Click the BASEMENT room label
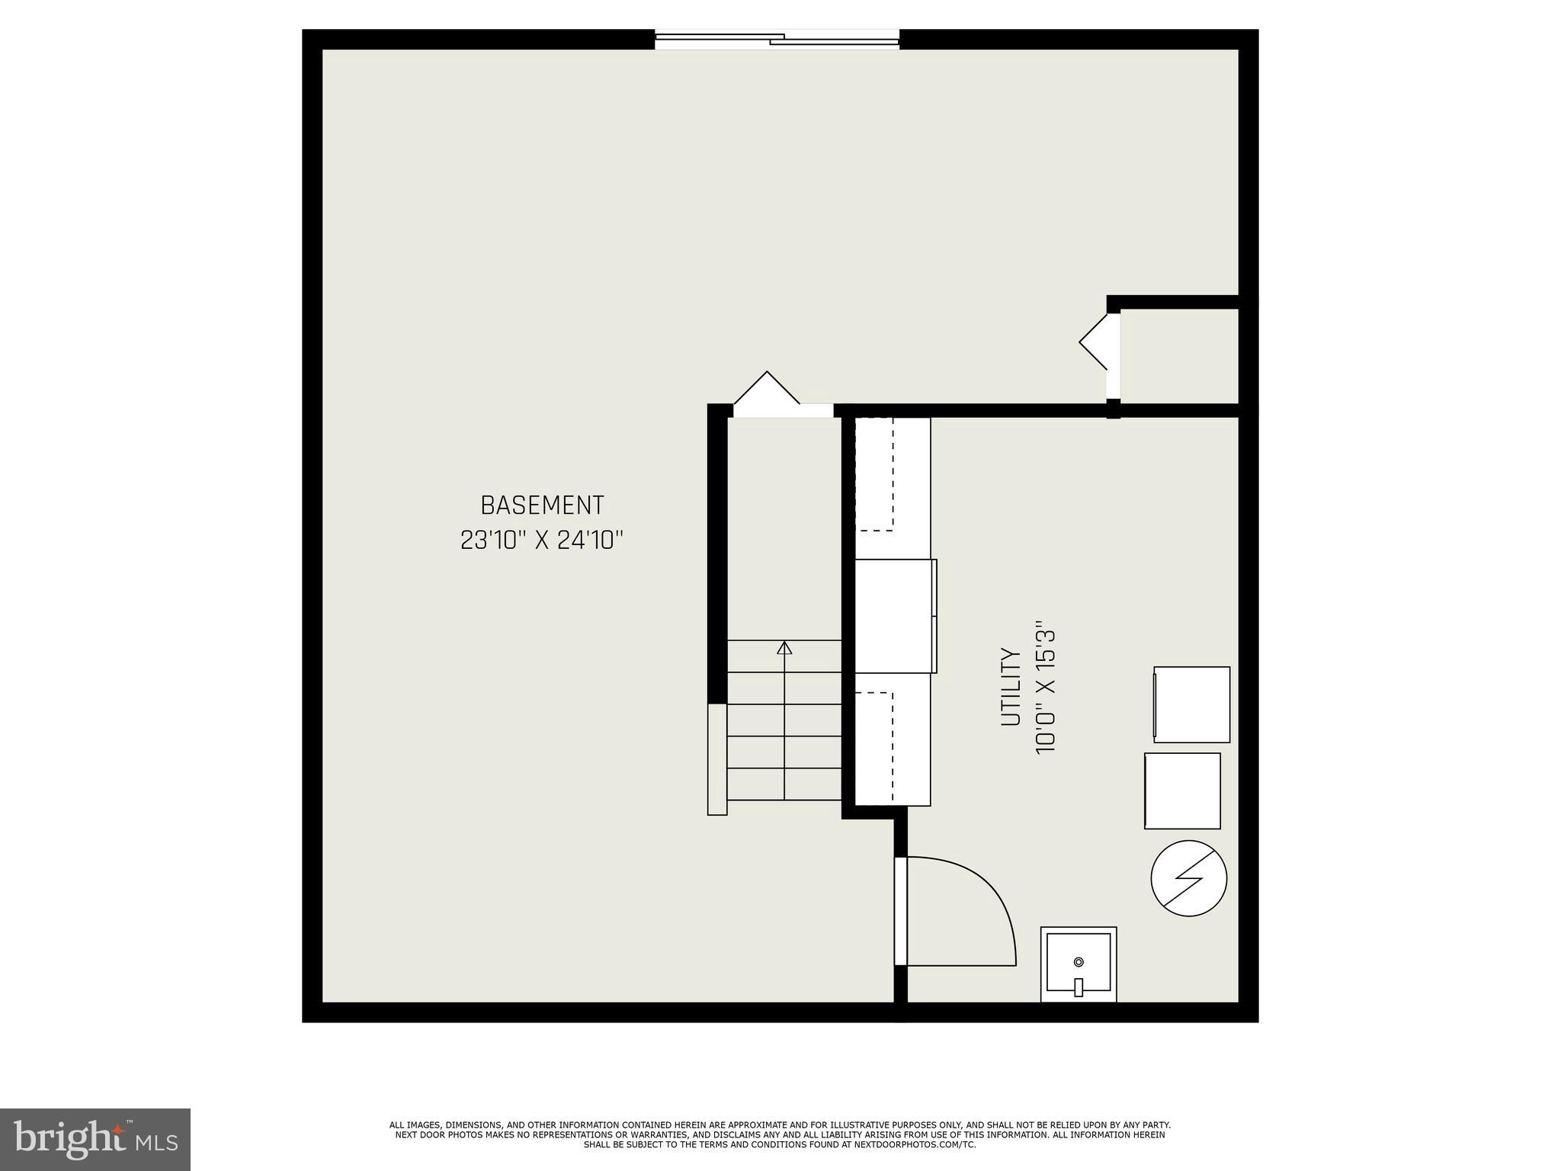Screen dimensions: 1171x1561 (x=542, y=505)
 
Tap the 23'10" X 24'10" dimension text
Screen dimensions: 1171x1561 (x=542, y=541)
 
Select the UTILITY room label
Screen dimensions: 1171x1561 (x=1011, y=686)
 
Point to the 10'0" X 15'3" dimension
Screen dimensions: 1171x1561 (x=1046, y=691)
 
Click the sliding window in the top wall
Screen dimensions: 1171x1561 (x=777, y=39)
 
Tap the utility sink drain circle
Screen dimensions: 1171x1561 (x=1079, y=962)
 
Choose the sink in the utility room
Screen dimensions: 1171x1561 (x=1079, y=964)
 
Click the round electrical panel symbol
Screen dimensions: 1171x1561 (x=1188, y=878)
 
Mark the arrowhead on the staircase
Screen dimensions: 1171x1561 (x=784, y=648)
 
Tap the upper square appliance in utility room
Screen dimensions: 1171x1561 (x=1191, y=704)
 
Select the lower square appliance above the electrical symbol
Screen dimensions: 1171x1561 (x=1182, y=791)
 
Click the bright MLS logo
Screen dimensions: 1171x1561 (x=95, y=1139)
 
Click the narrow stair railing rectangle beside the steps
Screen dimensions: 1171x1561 (x=717, y=759)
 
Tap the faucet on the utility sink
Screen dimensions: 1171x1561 (x=1079, y=987)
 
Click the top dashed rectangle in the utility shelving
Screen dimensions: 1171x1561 (x=874, y=474)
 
